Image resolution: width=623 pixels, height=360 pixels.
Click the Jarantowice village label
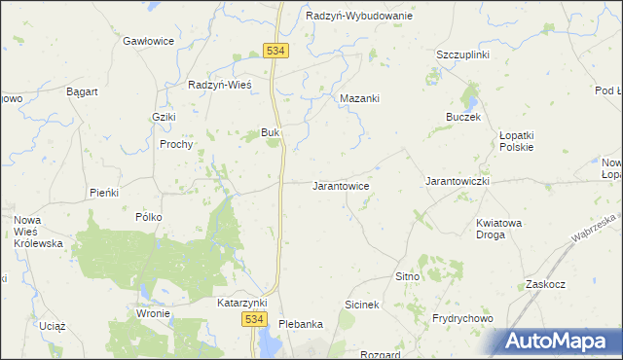click(340, 185)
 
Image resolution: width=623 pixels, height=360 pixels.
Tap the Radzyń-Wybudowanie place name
click(358, 17)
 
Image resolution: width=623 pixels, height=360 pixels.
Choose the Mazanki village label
click(359, 98)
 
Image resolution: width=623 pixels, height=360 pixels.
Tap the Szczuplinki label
click(462, 54)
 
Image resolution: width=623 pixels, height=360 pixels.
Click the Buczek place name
click(463, 117)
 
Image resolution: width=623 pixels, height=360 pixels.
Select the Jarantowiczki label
click(457, 182)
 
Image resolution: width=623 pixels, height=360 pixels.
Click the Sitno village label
click(407, 277)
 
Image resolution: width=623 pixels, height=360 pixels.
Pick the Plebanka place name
click(300, 324)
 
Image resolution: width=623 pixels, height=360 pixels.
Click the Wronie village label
click(154, 313)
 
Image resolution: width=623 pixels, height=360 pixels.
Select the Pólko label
click(149, 217)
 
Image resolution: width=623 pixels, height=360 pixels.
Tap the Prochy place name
click(177, 144)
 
